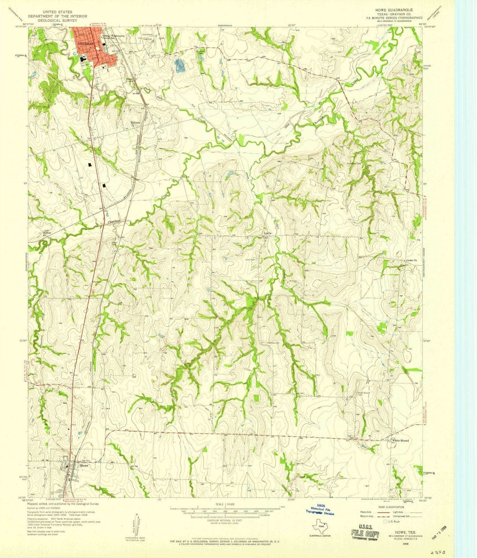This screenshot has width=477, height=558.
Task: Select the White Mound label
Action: tap(401, 441)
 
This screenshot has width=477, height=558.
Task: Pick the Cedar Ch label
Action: tap(412, 261)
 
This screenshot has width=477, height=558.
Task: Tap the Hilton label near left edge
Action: tap(47, 233)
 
